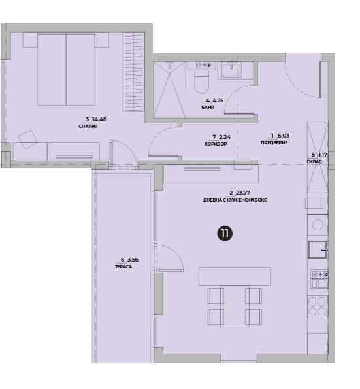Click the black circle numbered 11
pos(225,233)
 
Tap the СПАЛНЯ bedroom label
pos(88,126)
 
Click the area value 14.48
pos(99,119)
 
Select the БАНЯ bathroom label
pos(208,108)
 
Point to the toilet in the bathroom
pos(201,82)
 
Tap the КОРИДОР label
pos(216,144)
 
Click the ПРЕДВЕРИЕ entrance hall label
pos(274,143)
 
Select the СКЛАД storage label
pos(314,161)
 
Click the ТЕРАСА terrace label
pos(123,267)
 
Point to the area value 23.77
pos(243,193)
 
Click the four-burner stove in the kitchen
pos(318,306)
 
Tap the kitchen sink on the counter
pos(318,249)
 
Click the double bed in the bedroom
pos(66,69)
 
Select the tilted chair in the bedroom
pos(28,140)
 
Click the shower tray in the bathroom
pos(170,90)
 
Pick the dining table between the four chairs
pos(235,307)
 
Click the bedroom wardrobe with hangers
pos(133,71)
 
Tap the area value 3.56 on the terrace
pos(133,260)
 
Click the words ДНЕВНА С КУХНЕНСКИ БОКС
pos(235,200)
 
